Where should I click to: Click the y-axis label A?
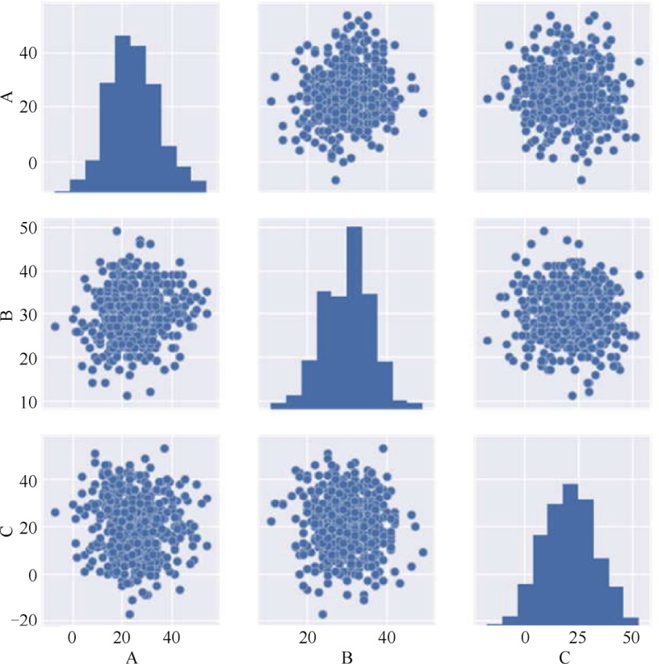(x=9, y=98)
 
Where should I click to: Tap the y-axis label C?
(x=9, y=528)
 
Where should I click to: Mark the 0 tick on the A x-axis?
(x=73, y=637)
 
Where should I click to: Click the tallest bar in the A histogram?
(x=122, y=113)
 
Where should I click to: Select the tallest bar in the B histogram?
(x=354, y=315)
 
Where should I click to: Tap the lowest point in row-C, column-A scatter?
(x=130, y=614)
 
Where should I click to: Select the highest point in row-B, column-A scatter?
(x=116, y=231)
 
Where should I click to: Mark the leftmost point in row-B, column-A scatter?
(x=55, y=326)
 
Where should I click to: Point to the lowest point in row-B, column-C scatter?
(x=573, y=396)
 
